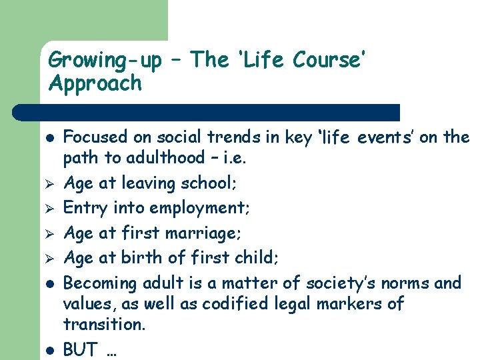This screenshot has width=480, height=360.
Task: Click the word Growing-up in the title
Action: [x=105, y=61]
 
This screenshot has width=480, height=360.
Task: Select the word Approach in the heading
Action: [x=95, y=83]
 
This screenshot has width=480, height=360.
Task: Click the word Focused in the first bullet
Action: [x=95, y=137]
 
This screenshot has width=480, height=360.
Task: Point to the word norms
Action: [x=408, y=283]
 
